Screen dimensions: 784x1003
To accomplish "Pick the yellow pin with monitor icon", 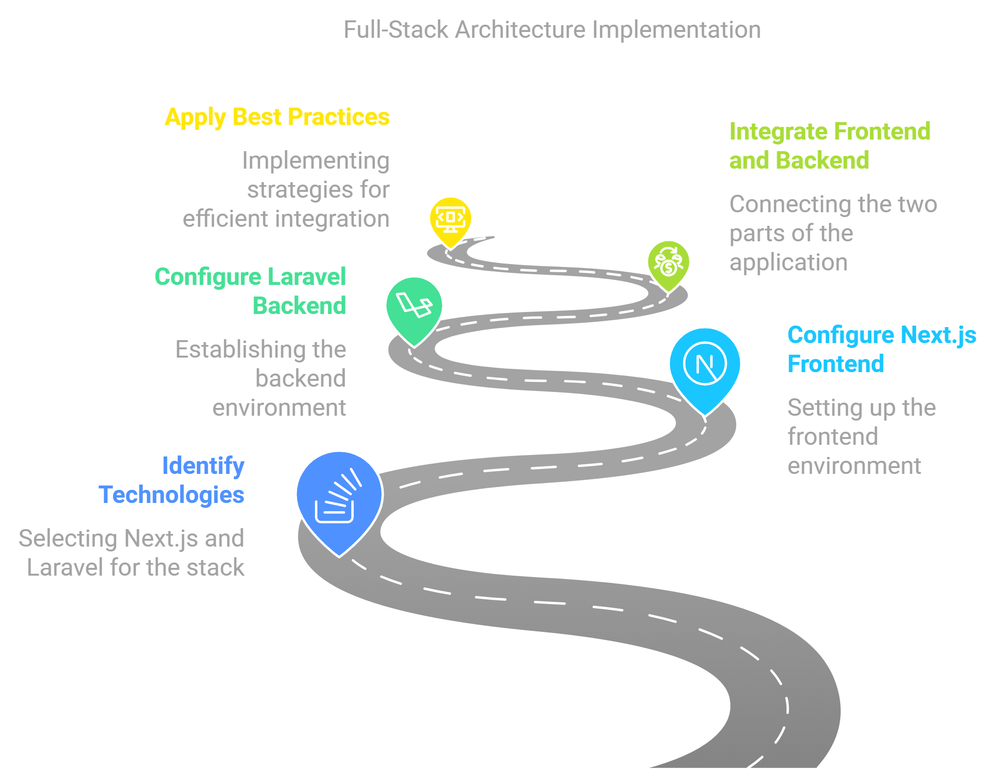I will (x=450, y=219).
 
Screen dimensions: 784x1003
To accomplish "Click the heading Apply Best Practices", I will (x=277, y=117).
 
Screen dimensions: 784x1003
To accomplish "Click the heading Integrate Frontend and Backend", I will (x=829, y=146).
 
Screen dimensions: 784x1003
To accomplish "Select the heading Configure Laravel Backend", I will (x=251, y=291).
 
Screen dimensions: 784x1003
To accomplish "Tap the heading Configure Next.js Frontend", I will (x=881, y=349).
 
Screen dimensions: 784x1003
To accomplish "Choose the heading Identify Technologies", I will (x=172, y=480).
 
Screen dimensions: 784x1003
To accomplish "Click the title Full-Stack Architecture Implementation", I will (x=552, y=30).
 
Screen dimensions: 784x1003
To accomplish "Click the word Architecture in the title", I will (x=520, y=30).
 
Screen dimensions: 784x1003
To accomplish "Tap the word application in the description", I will (x=788, y=263).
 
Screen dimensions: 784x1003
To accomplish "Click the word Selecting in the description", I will (x=68, y=539).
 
